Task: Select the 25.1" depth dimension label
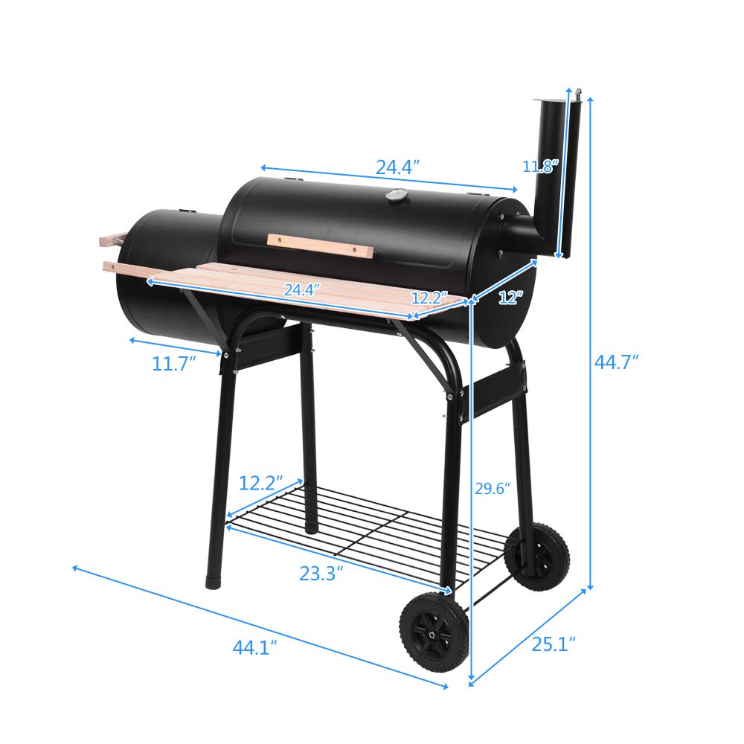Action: point(554,644)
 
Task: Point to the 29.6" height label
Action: point(492,489)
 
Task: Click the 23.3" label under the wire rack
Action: point(321,574)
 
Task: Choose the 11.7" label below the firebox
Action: point(173,364)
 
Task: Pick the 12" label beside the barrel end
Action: point(510,298)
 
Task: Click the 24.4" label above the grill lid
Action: point(398,167)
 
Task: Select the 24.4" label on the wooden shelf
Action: point(301,290)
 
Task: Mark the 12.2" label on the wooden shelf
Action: point(429,298)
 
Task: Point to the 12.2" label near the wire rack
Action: point(260,483)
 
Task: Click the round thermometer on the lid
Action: point(395,196)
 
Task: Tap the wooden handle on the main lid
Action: point(320,245)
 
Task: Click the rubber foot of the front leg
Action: point(214,577)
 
